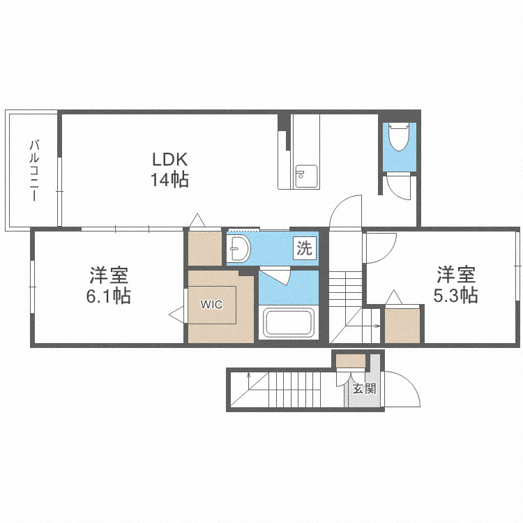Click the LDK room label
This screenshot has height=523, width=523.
pos(169,160)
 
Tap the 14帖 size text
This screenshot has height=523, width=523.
pos(169,180)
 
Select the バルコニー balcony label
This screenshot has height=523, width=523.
pos(34,171)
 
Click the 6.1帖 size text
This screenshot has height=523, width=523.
pos(108,296)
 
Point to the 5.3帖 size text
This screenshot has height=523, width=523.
pos(455,295)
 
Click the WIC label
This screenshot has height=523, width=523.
pos(211,304)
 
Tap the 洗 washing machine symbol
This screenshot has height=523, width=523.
pos(304,248)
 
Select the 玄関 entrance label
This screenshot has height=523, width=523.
pos(365,388)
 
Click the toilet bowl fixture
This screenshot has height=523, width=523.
pos(400,137)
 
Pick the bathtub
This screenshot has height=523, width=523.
pos(289,323)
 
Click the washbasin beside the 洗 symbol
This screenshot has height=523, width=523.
pos(238,248)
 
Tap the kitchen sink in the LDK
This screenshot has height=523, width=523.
pos(306,176)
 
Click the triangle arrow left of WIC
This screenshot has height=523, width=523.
pos(176,314)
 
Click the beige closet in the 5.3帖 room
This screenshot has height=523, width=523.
pos(402,325)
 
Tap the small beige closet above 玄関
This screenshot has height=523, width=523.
pos(351,361)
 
